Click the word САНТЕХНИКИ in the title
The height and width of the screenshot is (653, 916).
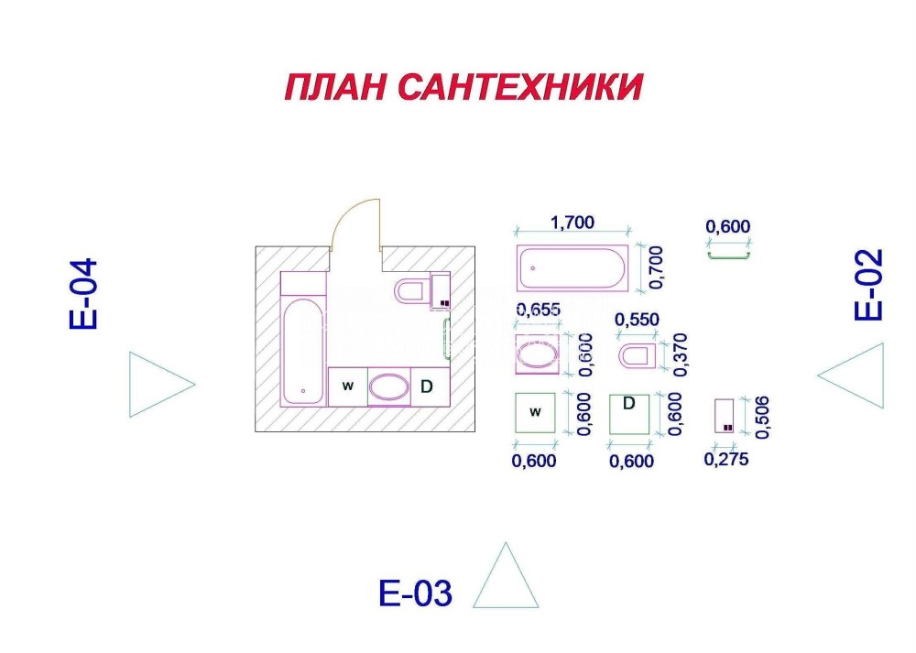519,87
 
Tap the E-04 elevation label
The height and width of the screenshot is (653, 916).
83,294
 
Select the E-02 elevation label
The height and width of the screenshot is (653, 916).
867,285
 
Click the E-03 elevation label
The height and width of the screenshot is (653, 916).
415,593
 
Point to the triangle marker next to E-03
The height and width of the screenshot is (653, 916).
506,575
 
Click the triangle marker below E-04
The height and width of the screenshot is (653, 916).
162,385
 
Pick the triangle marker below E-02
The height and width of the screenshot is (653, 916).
851,375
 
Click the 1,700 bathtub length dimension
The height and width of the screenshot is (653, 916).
572,222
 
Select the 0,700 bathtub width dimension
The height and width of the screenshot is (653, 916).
656,267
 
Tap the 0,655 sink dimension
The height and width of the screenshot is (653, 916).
538,310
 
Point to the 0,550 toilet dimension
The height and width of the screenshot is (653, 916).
637,320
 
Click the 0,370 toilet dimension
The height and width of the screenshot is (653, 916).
681,354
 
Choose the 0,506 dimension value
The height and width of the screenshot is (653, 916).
762,417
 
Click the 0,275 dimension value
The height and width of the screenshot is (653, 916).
726,459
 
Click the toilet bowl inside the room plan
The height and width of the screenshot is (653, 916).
412,291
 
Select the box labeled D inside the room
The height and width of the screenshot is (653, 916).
430,386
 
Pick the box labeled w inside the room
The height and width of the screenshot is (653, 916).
347,386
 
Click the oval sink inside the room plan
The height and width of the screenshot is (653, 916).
389,386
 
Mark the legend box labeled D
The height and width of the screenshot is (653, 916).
629,414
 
